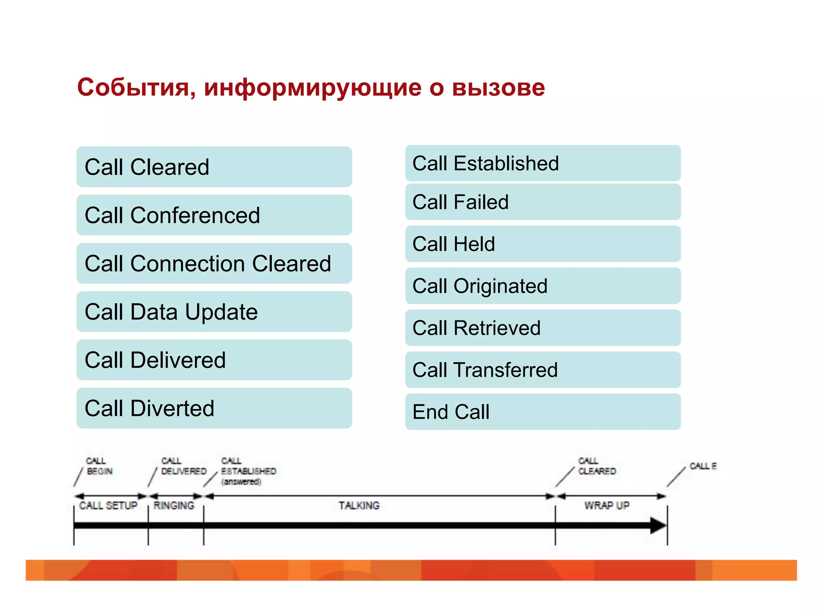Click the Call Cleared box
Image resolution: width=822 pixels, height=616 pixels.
(214, 167)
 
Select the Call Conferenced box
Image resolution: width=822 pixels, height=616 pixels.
(214, 215)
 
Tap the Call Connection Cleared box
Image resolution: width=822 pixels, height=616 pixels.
(214, 263)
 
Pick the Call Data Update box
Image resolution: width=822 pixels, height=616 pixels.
(214, 312)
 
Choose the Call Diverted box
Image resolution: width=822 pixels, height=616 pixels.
(214, 408)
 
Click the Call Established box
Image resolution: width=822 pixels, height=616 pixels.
(543, 163)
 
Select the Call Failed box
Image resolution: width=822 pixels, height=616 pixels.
(543, 202)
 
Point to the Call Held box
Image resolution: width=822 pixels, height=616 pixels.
(543, 244)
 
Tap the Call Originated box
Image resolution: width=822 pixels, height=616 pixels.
(543, 286)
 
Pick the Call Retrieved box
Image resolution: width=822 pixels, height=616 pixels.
(543, 328)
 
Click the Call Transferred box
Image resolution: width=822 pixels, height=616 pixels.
(543, 370)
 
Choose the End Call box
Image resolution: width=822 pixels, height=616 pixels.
(543, 412)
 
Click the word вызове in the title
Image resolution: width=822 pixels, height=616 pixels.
(498, 87)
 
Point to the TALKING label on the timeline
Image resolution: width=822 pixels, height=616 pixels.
(359, 506)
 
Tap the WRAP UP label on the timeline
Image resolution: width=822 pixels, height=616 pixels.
(606, 506)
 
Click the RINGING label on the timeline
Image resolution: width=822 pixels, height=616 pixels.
(174, 506)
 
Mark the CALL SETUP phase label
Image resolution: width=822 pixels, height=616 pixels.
(108, 506)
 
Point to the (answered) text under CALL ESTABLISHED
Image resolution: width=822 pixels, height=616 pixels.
(241, 482)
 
